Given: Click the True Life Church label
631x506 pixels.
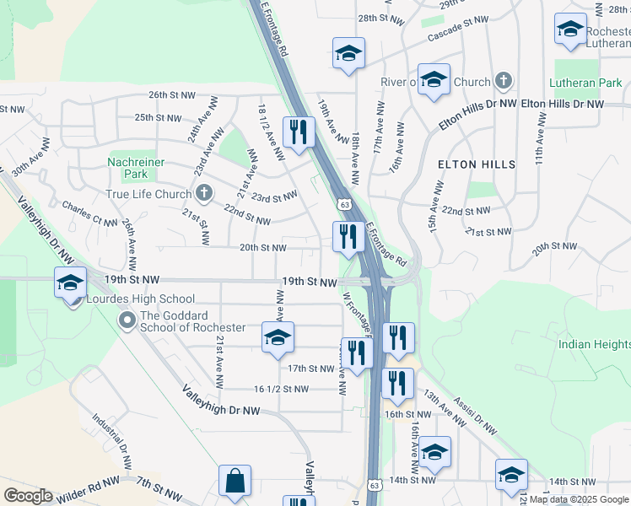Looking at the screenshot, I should click(149, 194).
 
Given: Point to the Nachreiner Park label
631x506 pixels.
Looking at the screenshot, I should click(128, 168).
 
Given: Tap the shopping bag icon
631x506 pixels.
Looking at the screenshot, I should click(235, 482).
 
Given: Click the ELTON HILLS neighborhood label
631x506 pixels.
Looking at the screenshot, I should click(477, 164).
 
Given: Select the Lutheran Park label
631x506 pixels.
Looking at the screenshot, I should click(585, 83).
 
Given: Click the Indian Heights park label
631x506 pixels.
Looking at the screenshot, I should click(594, 344).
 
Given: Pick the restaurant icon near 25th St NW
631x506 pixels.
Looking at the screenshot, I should click(299, 132).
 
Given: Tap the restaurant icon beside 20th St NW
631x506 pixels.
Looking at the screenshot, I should click(348, 236).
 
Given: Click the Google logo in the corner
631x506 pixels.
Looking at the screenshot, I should click(28, 496).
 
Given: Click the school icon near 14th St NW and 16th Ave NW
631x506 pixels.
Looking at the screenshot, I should click(435, 453).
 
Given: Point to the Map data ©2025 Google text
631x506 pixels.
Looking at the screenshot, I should click(579, 499).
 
